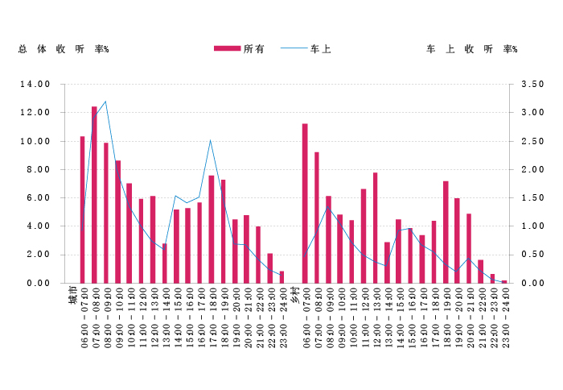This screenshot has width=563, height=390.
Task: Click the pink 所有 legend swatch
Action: pos(228,49)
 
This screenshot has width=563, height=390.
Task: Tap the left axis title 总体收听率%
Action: pos(64,49)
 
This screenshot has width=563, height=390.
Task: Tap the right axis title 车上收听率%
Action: pos(471,49)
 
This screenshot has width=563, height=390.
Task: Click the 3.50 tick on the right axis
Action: pos(533,84)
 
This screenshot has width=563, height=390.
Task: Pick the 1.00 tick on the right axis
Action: pos(533,226)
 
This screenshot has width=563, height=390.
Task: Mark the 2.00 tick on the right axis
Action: pos(533,169)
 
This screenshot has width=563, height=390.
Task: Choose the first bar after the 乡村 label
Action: pos(305,203)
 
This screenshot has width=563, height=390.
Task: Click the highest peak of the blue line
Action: pos(105,102)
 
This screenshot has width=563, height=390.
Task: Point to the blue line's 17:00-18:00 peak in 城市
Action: pos(211,140)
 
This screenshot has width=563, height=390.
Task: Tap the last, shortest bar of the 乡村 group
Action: pos(504,281)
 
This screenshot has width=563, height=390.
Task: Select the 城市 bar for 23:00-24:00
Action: pos(281,277)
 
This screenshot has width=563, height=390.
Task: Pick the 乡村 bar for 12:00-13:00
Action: pos(375,227)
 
